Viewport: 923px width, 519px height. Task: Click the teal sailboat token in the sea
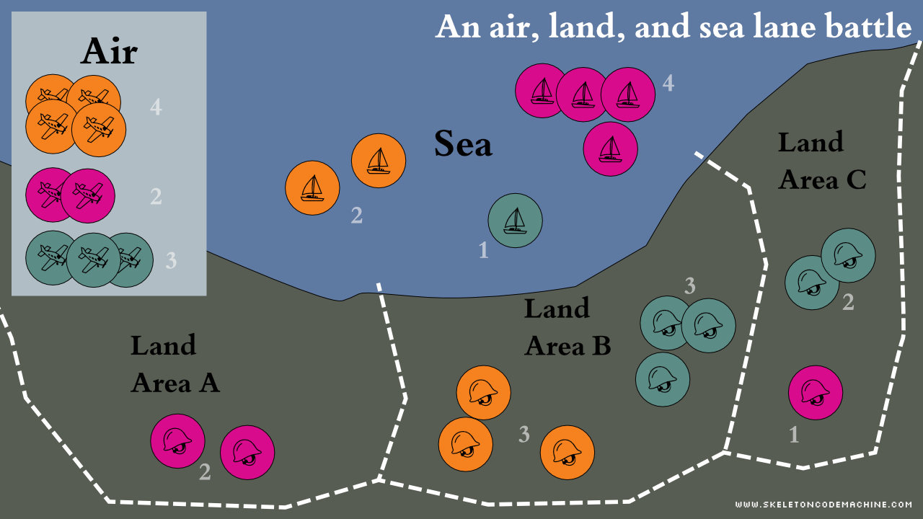[x=515, y=221]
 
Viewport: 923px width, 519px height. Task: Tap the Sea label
[x=463, y=144]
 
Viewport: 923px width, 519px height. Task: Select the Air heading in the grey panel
[x=109, y=51]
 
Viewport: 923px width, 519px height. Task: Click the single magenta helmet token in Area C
[x=816, y=393]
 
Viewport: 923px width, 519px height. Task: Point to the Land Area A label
[x=174, y=364]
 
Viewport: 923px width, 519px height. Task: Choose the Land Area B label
[x=567, y=327]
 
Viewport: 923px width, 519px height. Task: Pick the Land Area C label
[x=821, y=161]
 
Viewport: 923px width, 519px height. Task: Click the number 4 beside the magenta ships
[x=668, y=84]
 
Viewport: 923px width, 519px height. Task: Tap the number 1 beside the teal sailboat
[x=483, y=250]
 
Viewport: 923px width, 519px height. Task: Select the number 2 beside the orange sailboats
[x=356, y=215]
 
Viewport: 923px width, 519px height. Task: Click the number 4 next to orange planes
[x=156, y=108]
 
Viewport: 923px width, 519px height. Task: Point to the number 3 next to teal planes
[x=171, y=260]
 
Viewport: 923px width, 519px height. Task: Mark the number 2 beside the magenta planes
[x=156, y=196]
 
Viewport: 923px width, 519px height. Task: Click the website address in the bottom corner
[x=823, y=505]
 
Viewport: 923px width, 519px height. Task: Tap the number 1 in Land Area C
[x=794, y=435]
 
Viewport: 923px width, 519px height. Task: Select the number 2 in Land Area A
[x=205, y=472]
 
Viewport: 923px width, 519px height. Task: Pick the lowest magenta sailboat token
[x=610, y=149]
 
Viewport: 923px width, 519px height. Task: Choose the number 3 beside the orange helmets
[x=524, y=435]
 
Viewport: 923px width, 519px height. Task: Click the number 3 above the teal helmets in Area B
[x=689, y=286]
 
